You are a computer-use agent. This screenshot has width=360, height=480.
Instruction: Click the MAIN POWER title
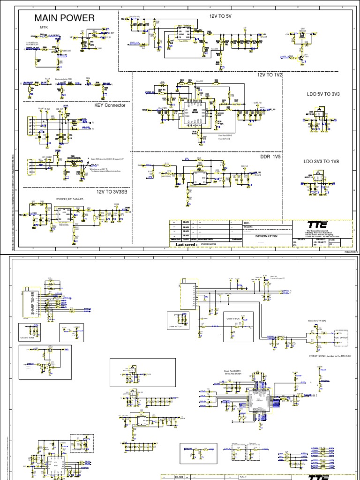65,18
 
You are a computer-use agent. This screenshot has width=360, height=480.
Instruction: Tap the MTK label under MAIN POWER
44,27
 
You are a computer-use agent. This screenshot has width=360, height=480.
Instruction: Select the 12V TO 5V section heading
221,16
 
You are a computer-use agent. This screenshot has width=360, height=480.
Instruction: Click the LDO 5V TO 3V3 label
323,94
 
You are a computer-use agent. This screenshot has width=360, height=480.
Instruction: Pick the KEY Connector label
110,105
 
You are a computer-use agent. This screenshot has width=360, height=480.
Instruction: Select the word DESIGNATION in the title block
266,236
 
